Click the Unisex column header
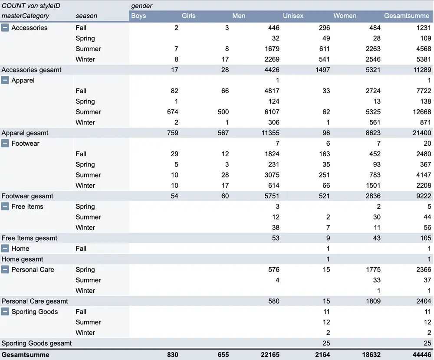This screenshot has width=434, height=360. pos(293,16)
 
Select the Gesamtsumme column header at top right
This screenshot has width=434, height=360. pos(406,16)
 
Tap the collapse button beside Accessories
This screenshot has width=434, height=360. pos(5,28)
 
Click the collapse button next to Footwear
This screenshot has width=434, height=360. pos(5,144)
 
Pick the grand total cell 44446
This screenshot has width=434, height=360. pos(422,355)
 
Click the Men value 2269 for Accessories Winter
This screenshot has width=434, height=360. pos(272,59)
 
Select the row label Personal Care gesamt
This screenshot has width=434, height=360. pos(35,301)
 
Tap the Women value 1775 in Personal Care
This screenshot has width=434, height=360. pos(372,270)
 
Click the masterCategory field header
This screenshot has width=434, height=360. pos(26,16)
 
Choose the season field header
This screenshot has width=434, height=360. pos(86,16)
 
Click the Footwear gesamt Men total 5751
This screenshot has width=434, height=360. pos(272,196)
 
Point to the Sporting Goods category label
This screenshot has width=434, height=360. pos(35,312)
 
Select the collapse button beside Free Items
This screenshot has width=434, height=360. pos(5,206)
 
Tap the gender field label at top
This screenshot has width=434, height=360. pos(141,6)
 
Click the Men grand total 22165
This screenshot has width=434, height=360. pos(270,355)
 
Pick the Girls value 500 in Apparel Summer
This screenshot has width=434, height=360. pos(223,112)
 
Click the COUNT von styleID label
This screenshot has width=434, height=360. pos(31,6)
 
